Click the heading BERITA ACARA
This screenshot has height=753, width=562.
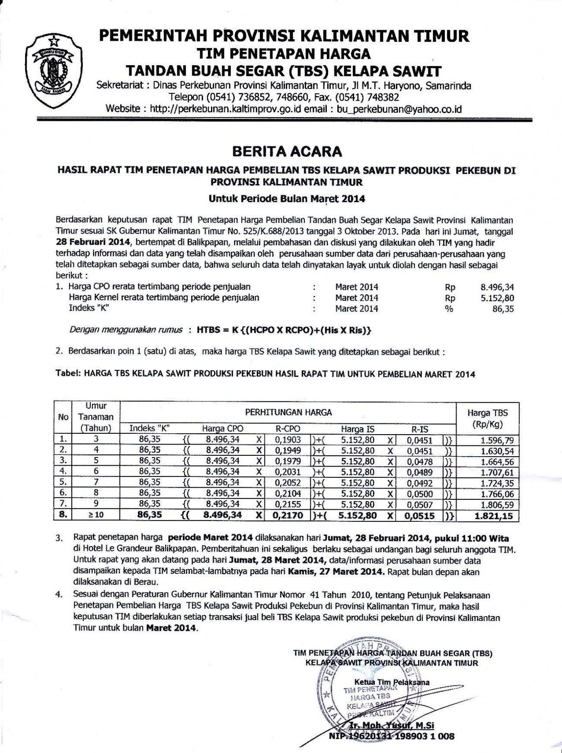point(287,151)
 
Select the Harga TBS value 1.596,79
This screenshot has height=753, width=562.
point(497,441)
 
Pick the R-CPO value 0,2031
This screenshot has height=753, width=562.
point(288,472)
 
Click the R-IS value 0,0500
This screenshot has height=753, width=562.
point(420,493)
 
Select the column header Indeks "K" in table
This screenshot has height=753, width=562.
point(149,429)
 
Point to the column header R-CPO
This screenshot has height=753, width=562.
point(288,429)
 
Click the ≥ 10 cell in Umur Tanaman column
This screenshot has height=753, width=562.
point(96,515)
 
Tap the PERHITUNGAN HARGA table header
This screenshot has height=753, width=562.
point(288,413)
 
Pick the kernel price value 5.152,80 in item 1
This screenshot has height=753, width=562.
point(497,298)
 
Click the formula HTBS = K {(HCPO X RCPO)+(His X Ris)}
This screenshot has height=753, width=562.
point(284,330)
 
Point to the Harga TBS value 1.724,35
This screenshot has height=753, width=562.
point(497,483)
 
